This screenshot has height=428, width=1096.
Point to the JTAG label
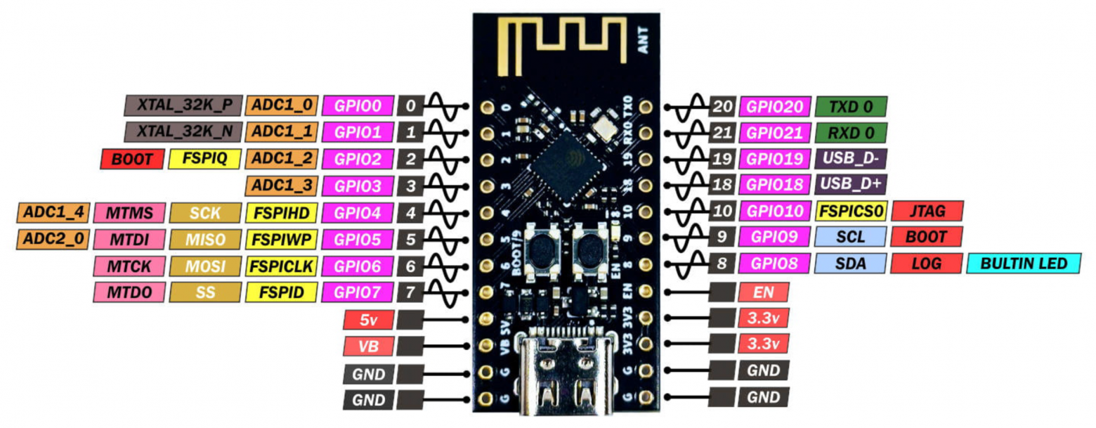tap(927, 210)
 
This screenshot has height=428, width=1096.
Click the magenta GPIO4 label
tap(357, 212)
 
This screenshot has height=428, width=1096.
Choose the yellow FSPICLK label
tap(281, 265)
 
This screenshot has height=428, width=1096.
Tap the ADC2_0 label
tap(53, 238)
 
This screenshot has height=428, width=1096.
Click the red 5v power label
tap(368, 320)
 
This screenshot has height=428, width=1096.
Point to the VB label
tap(368, 346)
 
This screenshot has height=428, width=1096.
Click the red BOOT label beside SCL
tap(927, 237)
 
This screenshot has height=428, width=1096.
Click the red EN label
tap(763, 291)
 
